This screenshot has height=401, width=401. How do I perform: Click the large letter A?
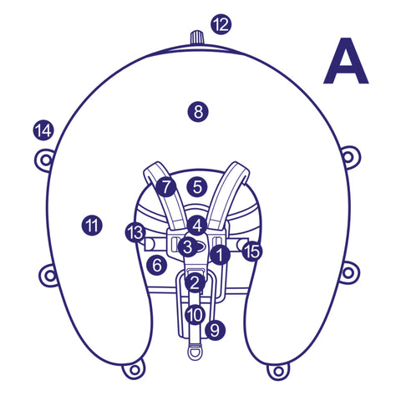click(x=346, y=61)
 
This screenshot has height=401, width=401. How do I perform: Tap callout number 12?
click(x=221, y=24)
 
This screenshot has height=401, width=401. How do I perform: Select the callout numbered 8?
click(x=198, y=112)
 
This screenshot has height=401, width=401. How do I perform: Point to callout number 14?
click(x=43, y=130)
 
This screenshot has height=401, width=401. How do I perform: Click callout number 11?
click(x=92, y=226)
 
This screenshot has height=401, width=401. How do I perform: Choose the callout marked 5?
click(x=197, y=186)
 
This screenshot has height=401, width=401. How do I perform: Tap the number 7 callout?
click(x=166, y=187)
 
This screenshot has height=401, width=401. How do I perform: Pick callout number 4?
click(x=197, y=226)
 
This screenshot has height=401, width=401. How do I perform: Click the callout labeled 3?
click(x=188, y=246)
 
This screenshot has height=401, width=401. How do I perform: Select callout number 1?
click(x=220, y=254)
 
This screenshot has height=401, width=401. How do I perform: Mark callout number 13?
click(x=135, y=232)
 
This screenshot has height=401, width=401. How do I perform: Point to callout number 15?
click(x=252, y=251)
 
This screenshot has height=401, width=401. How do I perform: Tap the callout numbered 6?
click(x=157, y=265)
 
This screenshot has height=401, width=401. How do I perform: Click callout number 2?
click(x=195, y=282)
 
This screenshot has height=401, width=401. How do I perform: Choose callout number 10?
click(x=195, y=315)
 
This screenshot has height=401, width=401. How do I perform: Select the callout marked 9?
click(x=215, y=330)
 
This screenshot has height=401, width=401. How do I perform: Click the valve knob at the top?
click(x=197, y=38)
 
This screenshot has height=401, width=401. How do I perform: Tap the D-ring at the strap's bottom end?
click(x=195, y=352)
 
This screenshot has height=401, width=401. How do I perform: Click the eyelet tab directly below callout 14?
click(x=44, y=160)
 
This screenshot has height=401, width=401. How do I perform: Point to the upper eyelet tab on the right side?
click(x=350, y=157)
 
